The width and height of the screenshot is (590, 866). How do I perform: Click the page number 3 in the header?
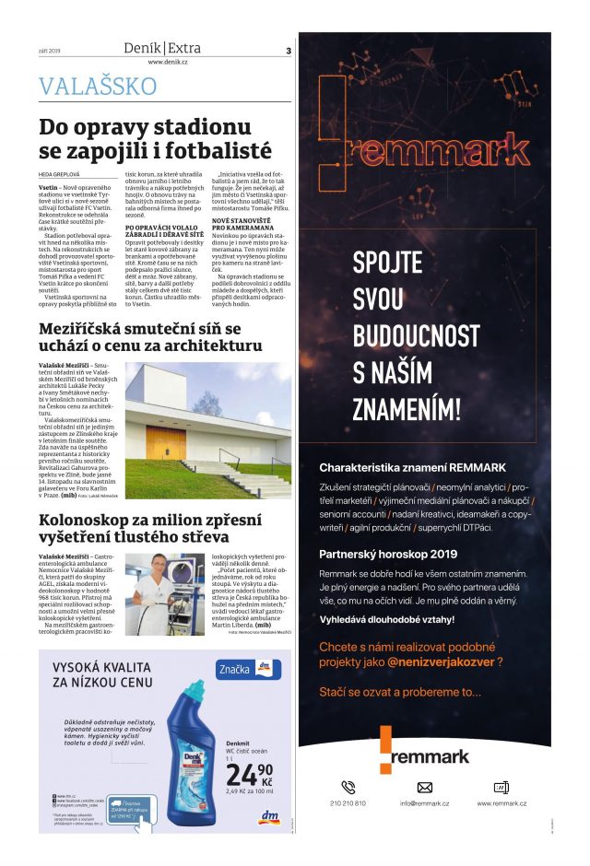pos(289,51)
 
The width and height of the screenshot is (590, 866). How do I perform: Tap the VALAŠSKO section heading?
pos(98,87)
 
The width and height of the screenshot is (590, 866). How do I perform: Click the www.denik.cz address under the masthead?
pos(167,63)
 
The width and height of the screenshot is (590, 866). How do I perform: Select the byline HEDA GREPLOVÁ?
pos(60,172)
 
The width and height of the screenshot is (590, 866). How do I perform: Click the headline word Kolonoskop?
pos(78,521)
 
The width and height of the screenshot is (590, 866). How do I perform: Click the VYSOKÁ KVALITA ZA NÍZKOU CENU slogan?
pos(103,674)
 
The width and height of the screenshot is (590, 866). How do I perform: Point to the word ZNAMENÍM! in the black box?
pos(407,407)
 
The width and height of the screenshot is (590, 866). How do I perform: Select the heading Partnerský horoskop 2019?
pos(388,554)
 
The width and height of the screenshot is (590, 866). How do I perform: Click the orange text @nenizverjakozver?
pos(439,661)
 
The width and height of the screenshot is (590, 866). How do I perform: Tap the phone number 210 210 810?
pos(348,803)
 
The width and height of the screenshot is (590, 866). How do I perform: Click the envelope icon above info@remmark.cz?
pos(425,787)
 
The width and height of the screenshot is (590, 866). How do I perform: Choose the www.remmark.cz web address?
pos(501,803)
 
